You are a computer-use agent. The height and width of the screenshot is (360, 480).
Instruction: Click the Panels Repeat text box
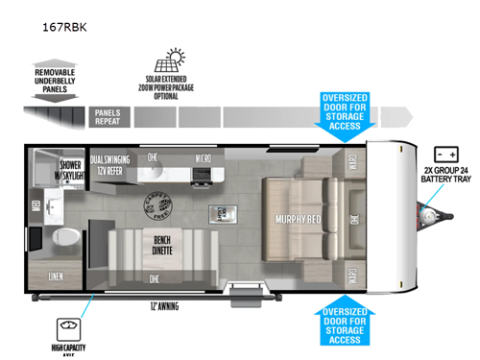point(108,117)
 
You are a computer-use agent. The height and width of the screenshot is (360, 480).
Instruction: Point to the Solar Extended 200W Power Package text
point(176,87)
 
